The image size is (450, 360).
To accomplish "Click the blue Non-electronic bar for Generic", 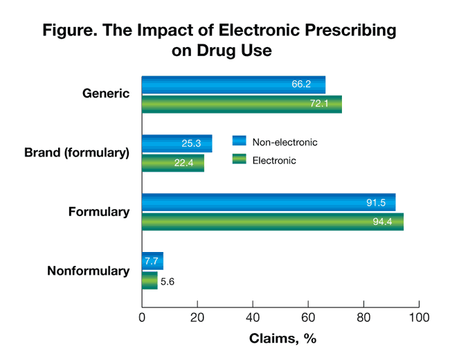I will [x=233, y=84].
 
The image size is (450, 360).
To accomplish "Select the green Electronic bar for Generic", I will [x=242, y=104].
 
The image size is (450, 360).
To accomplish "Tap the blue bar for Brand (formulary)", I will [x=177, y=143].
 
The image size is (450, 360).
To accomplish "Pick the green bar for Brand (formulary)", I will [x=172, y=163].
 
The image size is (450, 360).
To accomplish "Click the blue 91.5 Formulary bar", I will [x=269, y=203].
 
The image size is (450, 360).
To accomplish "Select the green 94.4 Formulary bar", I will [x=273, y=222].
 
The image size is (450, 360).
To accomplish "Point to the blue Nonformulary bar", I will [x=152, y=262].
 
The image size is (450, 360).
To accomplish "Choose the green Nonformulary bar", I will [x=150, y=281].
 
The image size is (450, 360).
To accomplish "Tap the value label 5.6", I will [x=167, y=281].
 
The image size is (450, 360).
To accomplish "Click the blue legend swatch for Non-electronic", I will [x=239, y=141].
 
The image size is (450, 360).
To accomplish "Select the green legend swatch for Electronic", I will [x=239, y=160].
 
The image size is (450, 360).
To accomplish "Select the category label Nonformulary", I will [x=88, y=271].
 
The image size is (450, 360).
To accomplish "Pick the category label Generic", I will [x=106, y=93].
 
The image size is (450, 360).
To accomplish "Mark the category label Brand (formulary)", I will [x=76, y=152].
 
